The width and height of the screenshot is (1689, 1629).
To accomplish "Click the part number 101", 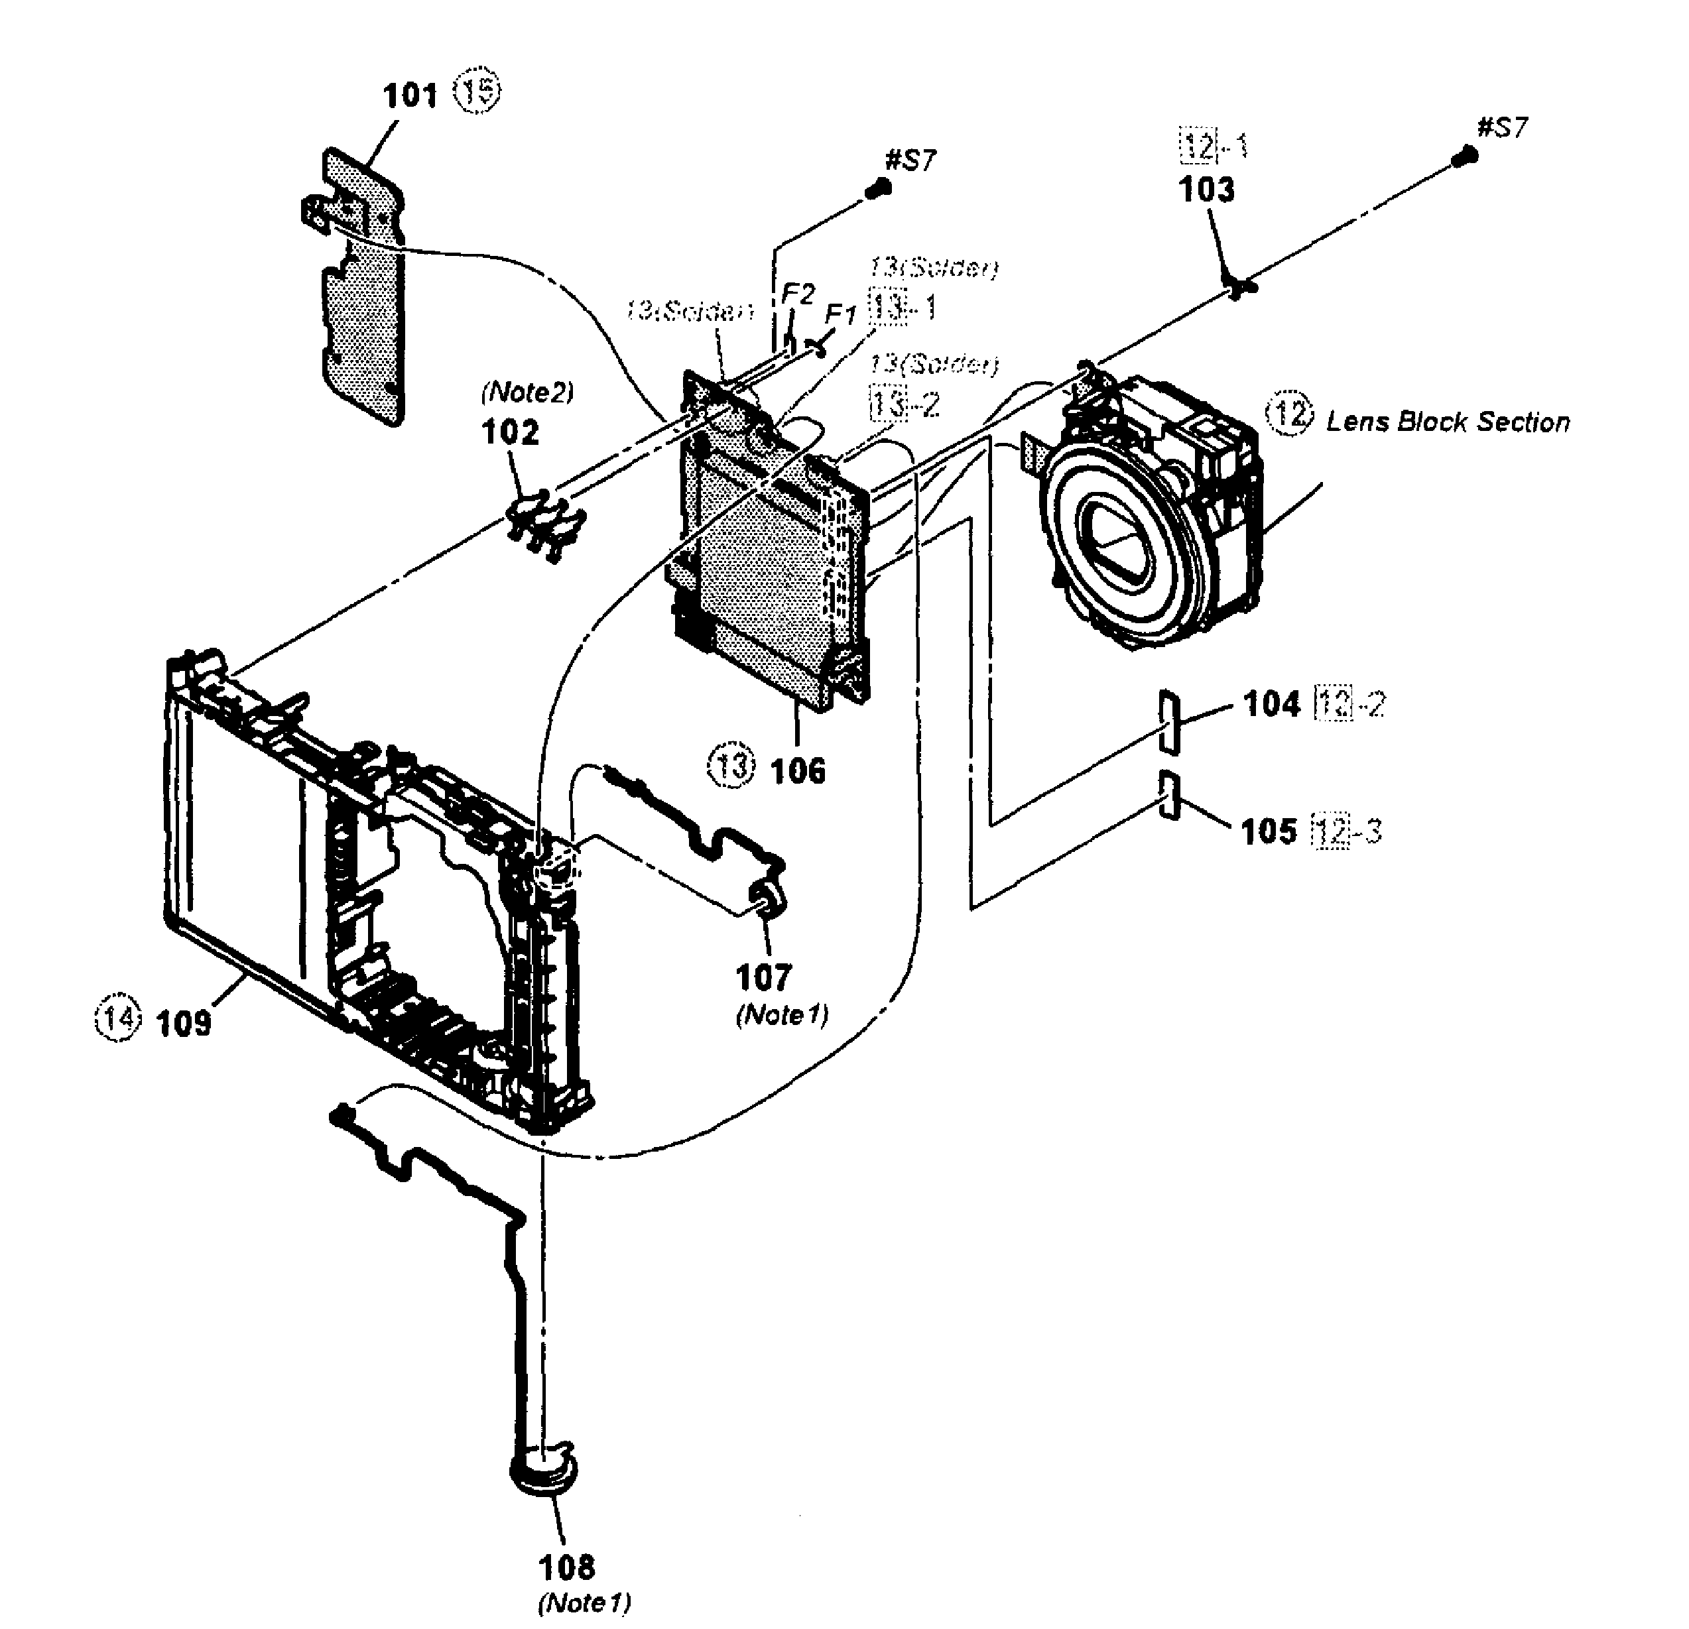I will [410, 95].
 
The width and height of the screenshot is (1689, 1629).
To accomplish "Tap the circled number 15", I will [478, 91].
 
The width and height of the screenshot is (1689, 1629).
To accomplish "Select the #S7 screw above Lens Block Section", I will [1470, 155].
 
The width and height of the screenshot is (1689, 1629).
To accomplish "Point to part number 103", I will [1206, 189].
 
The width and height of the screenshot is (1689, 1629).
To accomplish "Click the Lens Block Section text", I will [1448, 422].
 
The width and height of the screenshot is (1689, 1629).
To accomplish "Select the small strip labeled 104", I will [1169, 719].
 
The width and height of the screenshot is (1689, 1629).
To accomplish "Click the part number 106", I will [798, 770].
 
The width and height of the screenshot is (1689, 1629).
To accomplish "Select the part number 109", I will [184, 1022].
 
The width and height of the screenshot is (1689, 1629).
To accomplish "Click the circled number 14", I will [115, 1018].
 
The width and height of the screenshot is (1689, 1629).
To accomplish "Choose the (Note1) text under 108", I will [584, 1602].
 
